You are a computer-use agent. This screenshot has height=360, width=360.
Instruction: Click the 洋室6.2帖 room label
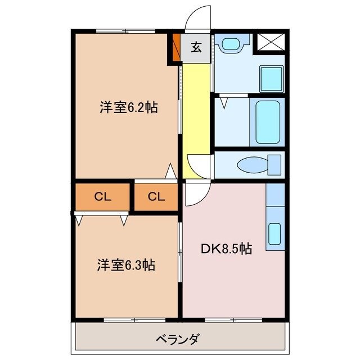(129, 108)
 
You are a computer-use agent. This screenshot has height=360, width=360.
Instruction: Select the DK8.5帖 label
(226, 247)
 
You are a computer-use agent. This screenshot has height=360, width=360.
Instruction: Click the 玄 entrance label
(196, 48)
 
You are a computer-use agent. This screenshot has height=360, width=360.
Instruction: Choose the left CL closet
(102, 196)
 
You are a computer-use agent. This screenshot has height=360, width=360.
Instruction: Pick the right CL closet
(156, 196)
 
